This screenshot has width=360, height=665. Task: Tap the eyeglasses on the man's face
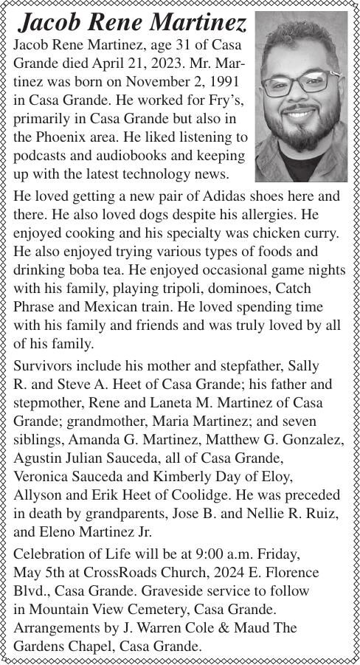pyautogui.click(x=301, y=83)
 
